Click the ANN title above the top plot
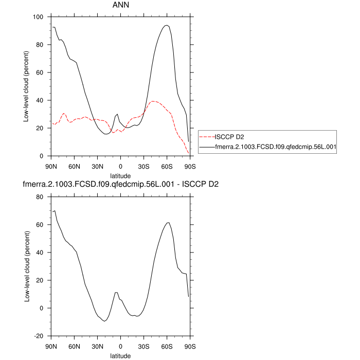point(120,5)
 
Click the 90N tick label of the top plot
point(51,166)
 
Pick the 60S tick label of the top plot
point(167,166)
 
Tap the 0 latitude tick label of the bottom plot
point(120,346)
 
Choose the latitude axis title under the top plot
point(120,175)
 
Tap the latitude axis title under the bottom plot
point(120,355)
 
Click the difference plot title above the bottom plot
point(120,184)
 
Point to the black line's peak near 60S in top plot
point(166,25)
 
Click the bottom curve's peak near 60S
point(168,223)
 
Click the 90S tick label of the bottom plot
point(190,346)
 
